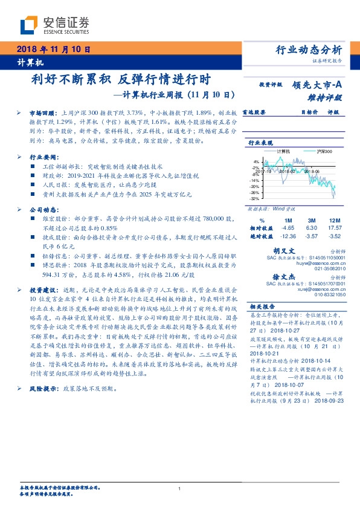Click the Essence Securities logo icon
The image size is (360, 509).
pyautogui.click(x=28, y=25)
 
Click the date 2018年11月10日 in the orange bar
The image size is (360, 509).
pyautogui.click(x=53, y=49)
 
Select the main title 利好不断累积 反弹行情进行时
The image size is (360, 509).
pyautogui.click(x=120, y=80)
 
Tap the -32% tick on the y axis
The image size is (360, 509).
pyautogui.click(x=256, y=198)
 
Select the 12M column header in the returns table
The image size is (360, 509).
pyautogui.click(x=334, y=219)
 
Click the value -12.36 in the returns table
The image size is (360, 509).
pyautogui.click(x=288, y=236)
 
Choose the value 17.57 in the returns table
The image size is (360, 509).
pyautogui.click(x=334, y=228)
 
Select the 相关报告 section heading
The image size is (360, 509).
pyautogui.click(x=263, y=306)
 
